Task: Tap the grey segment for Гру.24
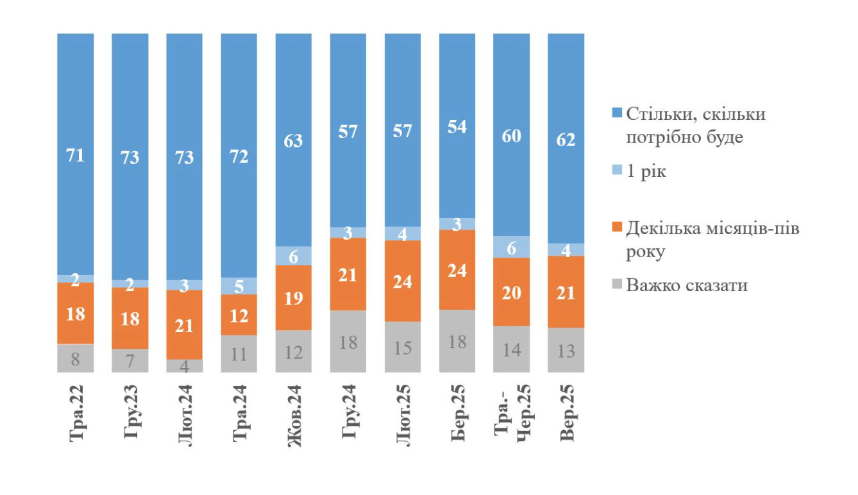[348, 341]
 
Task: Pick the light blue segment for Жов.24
[294, 256]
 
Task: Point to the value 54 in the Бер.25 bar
[457, 127]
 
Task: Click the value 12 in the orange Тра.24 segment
[239, 314]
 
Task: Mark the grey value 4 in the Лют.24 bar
[185, 365]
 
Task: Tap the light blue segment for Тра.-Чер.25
[512, 247]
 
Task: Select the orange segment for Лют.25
[403, 281]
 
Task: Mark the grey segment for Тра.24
[239, 353]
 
